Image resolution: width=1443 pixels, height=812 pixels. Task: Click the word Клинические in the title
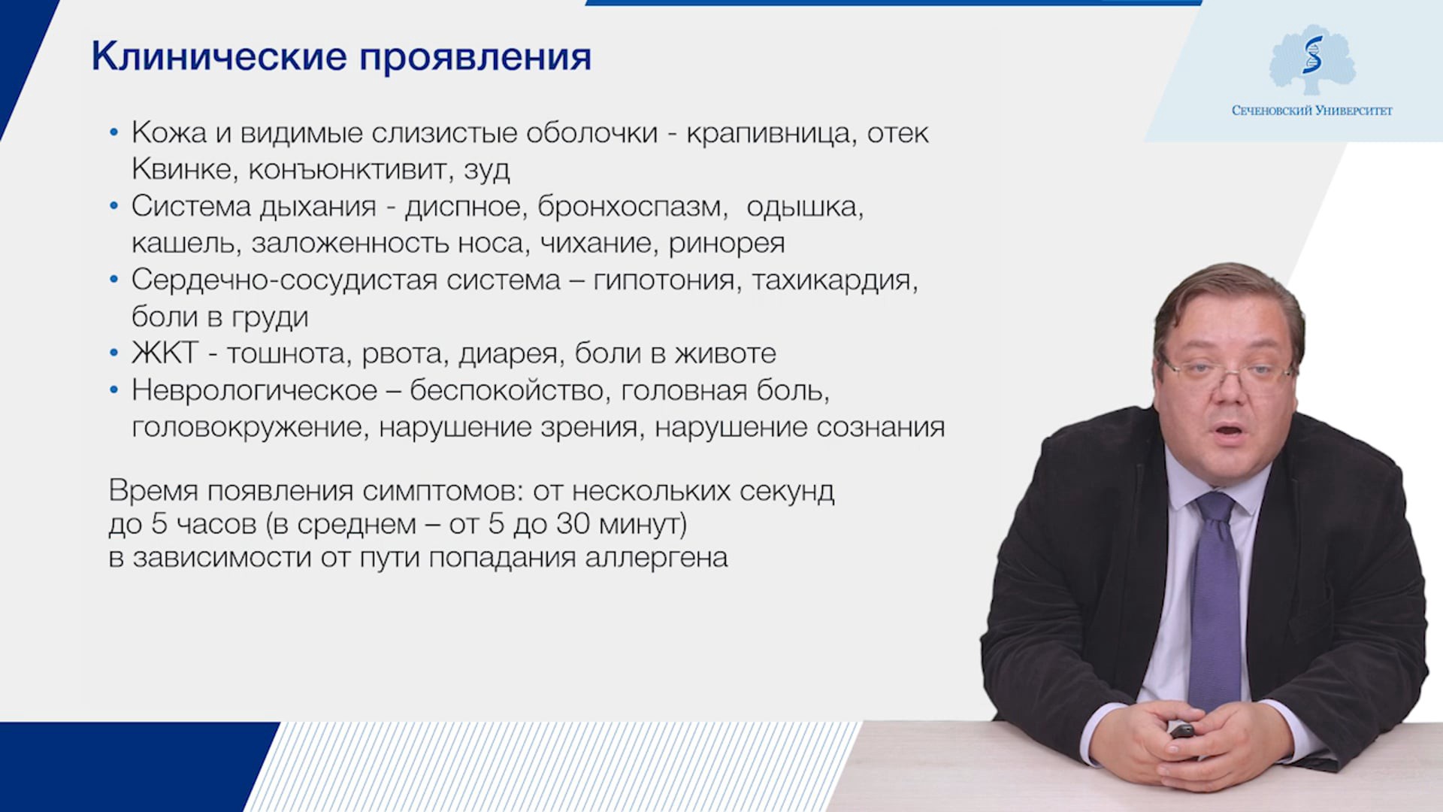[219, 56]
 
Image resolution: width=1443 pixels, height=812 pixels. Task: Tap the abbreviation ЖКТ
[165, 353]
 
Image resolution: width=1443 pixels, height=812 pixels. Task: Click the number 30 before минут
[573, 524]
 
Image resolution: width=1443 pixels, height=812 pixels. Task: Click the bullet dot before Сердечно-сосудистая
[114, 280]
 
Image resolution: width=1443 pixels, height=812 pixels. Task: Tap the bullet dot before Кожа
[114, 133]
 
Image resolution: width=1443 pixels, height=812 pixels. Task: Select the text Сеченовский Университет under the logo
[1312, 111]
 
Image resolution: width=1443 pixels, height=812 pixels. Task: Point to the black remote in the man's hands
[1181, 731]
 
